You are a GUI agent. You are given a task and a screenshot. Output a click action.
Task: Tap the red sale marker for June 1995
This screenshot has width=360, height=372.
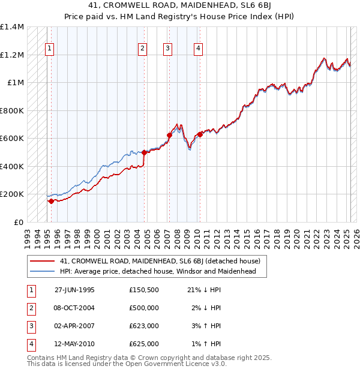(x=52, y=202)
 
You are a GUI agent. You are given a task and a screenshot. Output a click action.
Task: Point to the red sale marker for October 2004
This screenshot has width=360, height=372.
(x=145, y=153)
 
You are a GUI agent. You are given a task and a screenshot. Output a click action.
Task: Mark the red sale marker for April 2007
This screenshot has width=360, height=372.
(x=169, y=136)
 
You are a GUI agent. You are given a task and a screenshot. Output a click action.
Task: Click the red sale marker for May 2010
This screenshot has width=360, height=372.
(x=200, y=135)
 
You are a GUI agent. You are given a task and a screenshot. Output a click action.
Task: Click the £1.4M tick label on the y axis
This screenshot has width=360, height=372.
(x=12, y=28)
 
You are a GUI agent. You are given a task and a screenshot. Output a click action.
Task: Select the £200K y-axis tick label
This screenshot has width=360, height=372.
(x=12, y=194)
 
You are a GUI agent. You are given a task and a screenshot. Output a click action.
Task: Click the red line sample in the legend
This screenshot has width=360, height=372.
(x=42, y=262)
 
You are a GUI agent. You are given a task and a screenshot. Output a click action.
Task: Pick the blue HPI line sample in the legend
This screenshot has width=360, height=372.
(x=42, y=272)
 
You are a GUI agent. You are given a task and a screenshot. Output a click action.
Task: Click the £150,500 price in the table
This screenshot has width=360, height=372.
(x=144, y=290)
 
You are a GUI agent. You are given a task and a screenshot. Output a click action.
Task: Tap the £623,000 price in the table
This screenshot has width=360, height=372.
(x=144, y=326)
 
